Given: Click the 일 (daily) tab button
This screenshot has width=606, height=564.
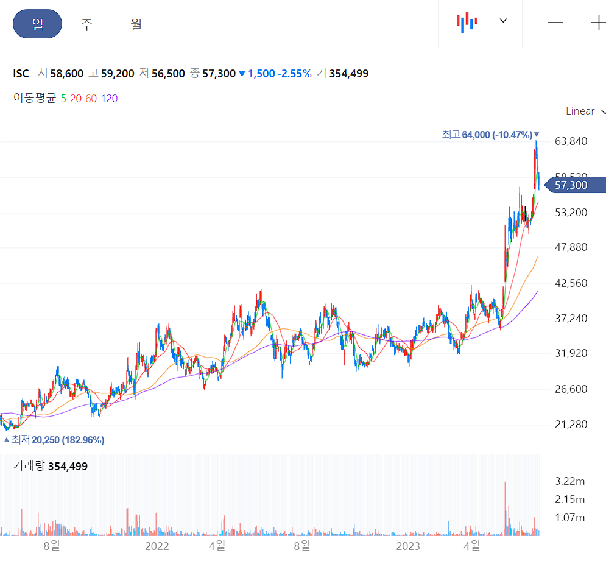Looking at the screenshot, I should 38,24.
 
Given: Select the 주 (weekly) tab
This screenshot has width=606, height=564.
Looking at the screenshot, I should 86,24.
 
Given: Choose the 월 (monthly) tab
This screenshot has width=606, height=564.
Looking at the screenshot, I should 136,24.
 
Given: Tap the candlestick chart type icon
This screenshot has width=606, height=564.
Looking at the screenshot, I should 467,22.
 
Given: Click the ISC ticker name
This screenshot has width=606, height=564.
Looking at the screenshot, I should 21,74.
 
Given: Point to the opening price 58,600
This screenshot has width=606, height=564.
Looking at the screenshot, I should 67,74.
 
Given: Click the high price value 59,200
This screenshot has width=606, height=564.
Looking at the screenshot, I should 117,74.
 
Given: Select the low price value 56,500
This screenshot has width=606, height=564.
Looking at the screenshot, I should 167,74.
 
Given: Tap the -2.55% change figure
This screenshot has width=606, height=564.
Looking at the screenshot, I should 294,74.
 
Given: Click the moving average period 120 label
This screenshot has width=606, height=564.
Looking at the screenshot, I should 110,99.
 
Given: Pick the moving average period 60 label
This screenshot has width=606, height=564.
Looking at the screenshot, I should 91,99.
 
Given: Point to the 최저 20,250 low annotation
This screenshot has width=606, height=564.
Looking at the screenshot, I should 55,440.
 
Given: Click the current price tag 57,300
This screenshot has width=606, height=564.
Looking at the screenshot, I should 571,185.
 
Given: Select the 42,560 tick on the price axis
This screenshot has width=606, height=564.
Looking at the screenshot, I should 571,283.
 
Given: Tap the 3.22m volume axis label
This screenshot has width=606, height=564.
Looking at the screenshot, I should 570,481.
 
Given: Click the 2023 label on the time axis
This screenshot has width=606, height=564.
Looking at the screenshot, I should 408,546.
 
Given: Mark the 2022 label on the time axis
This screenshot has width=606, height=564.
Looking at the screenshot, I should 157,546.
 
